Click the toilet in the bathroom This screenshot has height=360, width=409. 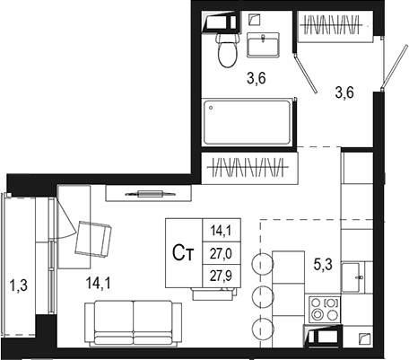228,49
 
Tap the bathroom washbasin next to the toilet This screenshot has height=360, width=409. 263,45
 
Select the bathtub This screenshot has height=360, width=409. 247,122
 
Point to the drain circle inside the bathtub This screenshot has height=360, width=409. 211,108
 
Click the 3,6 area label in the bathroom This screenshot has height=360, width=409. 257,78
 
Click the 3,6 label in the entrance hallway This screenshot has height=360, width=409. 344,92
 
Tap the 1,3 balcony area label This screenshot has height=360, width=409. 19,285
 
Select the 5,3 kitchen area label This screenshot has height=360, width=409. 323,265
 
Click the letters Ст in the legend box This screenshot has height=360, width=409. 183,253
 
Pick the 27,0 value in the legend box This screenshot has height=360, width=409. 221,254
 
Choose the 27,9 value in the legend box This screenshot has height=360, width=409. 221,276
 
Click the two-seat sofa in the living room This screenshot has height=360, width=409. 133,322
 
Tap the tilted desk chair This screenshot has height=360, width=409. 93,239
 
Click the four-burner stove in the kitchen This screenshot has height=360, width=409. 325,309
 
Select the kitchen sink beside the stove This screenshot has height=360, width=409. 352,277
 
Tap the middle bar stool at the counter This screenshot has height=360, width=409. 263,296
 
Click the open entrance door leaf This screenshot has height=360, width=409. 395,66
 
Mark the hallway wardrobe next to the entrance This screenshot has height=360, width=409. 335,26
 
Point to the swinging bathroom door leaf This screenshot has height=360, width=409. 306,74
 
